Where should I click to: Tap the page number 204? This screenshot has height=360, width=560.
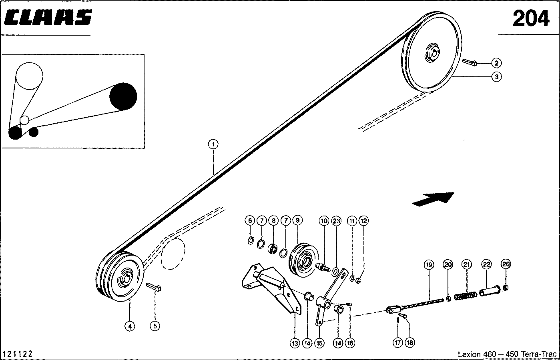531,18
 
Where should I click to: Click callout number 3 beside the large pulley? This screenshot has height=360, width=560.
496,76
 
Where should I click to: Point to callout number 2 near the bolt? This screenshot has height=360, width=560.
496,63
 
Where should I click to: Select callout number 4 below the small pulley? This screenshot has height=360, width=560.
129,326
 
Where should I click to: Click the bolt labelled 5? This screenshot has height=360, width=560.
154,287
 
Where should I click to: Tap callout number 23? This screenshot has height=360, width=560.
336,220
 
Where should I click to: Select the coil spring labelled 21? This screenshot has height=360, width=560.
465,296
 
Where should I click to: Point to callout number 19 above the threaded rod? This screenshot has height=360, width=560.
429,265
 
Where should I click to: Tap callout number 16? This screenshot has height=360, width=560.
350,343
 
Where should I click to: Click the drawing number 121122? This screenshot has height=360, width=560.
18,354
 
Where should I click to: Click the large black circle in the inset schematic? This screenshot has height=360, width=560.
123,96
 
